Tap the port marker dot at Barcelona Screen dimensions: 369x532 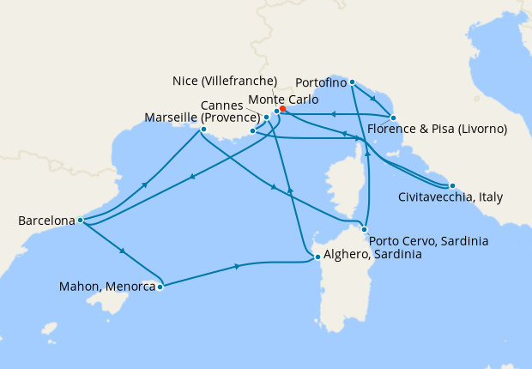coord(80,220)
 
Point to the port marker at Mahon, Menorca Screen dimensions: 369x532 coord(160,287)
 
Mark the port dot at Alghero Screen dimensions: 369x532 coord(317,257)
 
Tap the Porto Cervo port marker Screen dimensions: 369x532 coord(366,229)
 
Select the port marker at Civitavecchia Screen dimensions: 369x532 coord(452,185)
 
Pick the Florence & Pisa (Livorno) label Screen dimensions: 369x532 coord(437,130)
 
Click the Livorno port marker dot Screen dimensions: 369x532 coord(393,118)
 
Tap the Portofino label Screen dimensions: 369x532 coord(320,82)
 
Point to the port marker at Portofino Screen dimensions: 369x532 coord(352,82)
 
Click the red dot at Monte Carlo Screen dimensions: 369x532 coord(282,109)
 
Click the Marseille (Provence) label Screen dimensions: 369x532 coord(202,117)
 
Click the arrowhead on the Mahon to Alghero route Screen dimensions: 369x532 coord(238,268)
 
